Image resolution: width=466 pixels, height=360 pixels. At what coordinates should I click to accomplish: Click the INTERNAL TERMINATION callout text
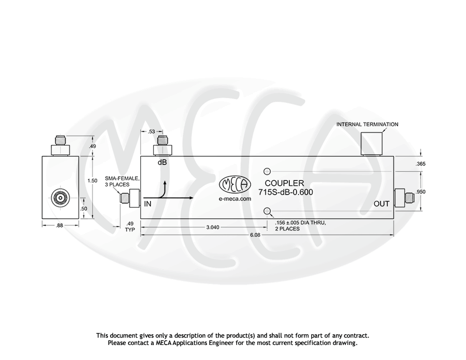tap(367, 125)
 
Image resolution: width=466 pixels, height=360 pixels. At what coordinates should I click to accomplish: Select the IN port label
tap(147, 204)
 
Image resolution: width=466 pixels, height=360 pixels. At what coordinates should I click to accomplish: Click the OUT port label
tap(381, 204)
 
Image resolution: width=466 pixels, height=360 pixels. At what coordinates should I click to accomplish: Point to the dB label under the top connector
tap(162, 162)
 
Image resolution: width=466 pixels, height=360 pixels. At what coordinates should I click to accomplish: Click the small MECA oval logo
tap(235, 184)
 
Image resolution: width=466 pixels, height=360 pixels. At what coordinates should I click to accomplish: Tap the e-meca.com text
tap(235, 198)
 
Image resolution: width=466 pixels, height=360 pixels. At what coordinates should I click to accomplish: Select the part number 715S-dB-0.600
tap(285, 192)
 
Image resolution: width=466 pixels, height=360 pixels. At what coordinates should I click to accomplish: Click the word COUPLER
tap(284, 183)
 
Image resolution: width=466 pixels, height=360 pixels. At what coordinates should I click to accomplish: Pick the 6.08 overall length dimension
tap(256, 235)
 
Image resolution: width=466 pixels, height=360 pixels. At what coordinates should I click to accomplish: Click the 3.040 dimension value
tap(212, 227)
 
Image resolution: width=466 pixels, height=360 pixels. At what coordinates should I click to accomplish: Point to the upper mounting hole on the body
tap(267, 171)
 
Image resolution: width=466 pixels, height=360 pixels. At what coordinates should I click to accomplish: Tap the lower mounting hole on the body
tap(267, 211)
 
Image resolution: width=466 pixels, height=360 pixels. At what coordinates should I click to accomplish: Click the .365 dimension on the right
tap(421, 164)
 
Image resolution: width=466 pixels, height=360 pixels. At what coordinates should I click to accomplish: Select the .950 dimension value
tap(421, 192)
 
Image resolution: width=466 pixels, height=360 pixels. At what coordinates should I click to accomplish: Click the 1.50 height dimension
tap(92, 180)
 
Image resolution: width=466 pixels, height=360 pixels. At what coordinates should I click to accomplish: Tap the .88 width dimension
tap(60, 225)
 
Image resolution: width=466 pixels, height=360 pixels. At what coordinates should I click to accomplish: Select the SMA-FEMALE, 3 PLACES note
tap(122, 181)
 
